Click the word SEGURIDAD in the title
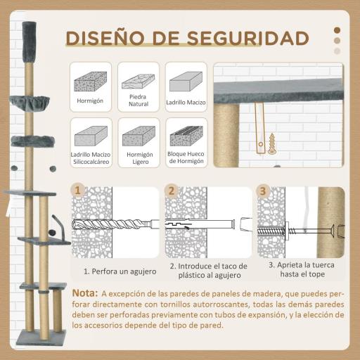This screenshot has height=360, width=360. pos(247,37)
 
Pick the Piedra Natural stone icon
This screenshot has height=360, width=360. pos(138,86)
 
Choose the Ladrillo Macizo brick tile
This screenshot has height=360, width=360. pos(186,86)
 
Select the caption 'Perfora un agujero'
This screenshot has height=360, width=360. pos(117,270)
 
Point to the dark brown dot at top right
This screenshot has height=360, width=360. pos(337,30)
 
